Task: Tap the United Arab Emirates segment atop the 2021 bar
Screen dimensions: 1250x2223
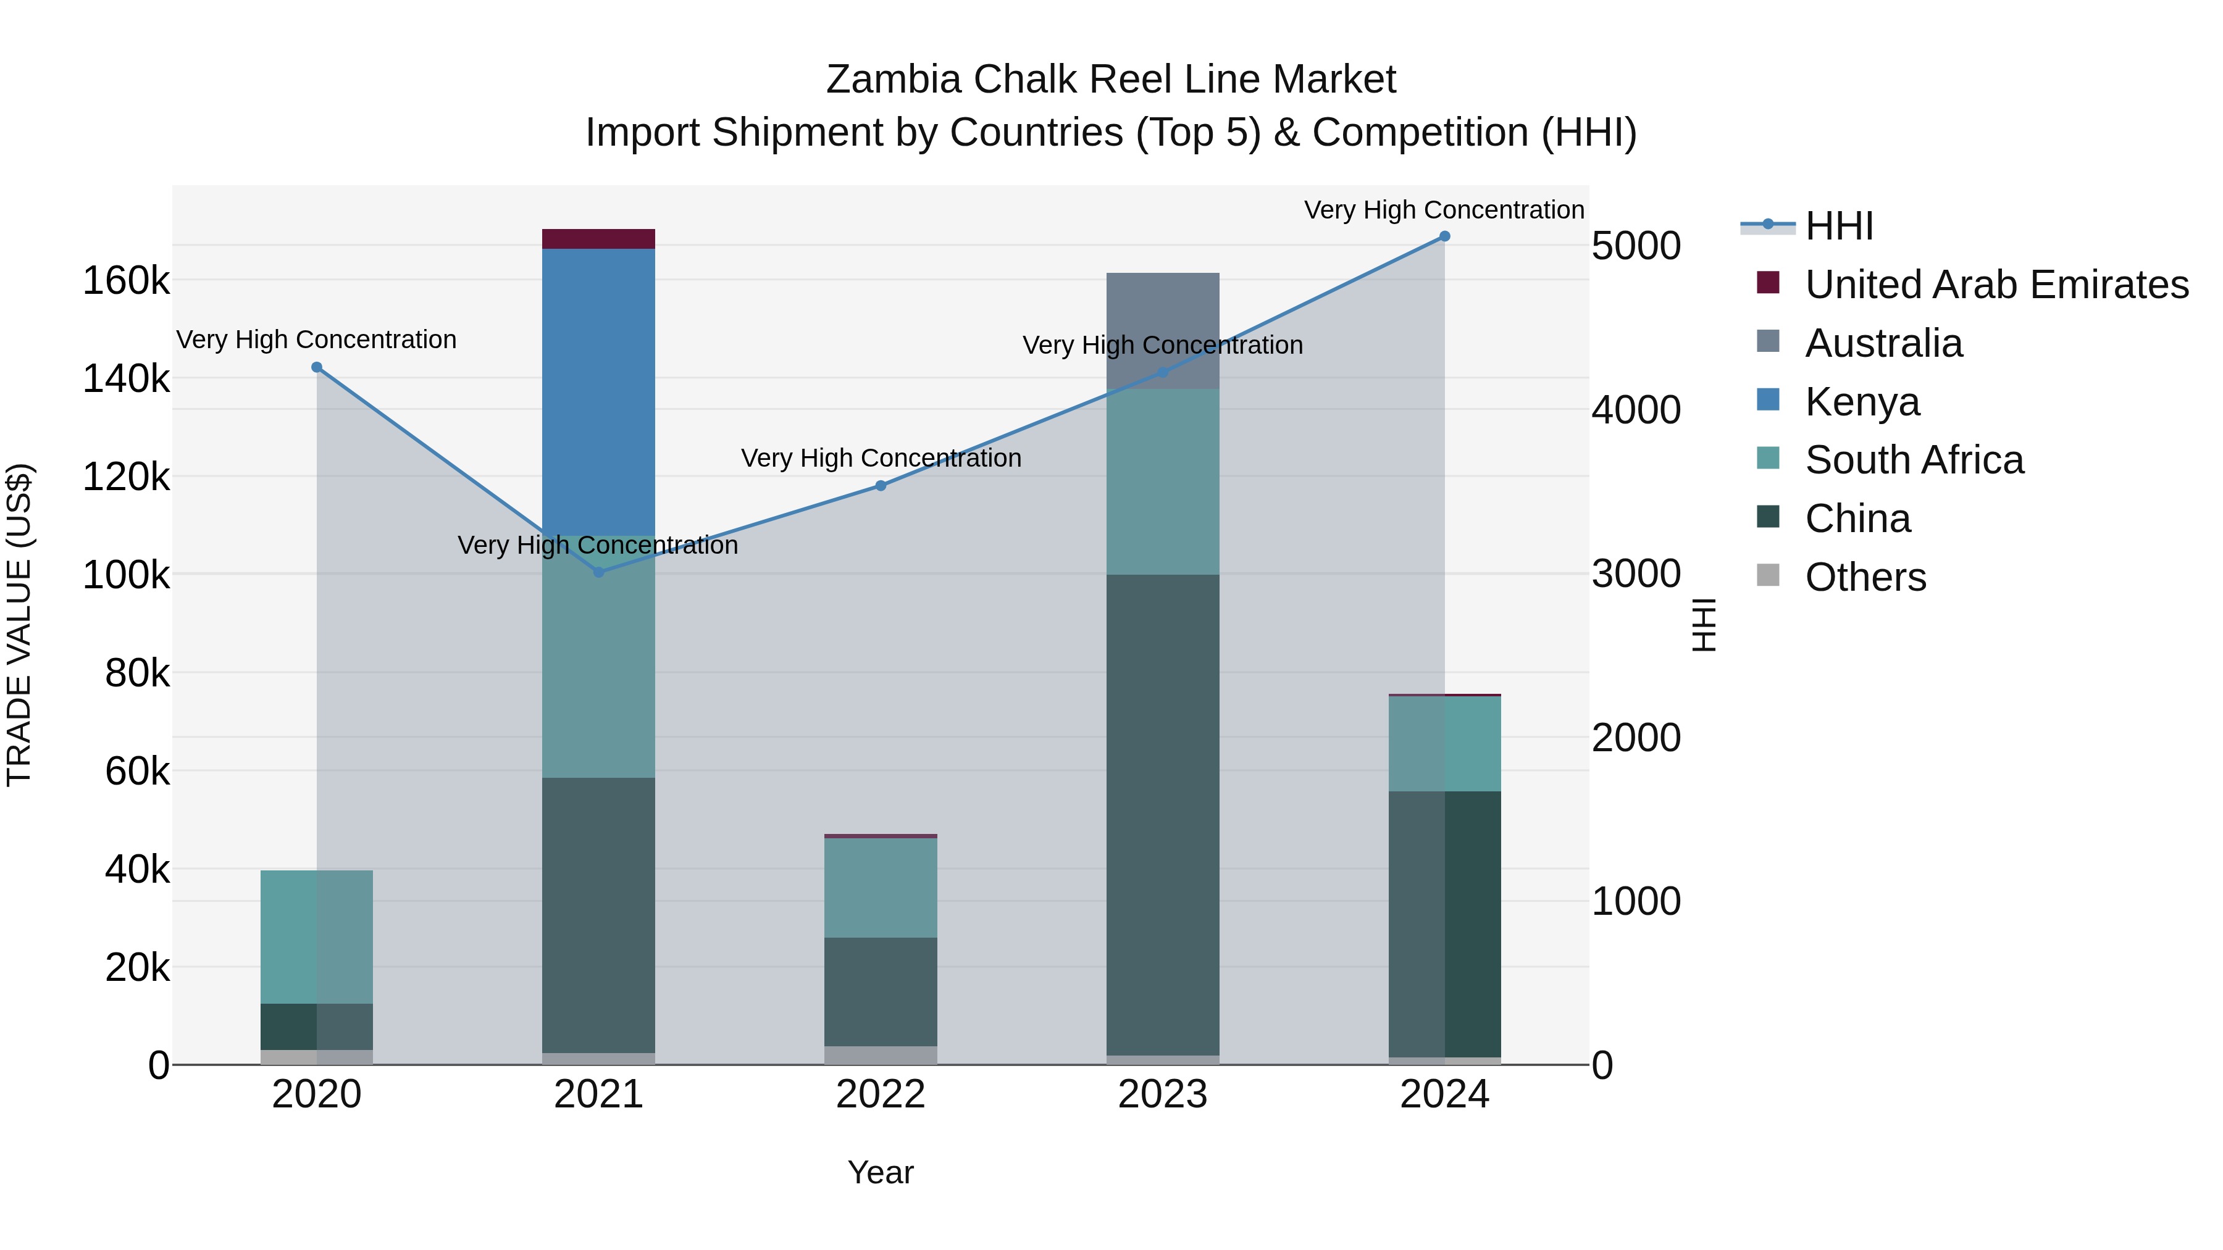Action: (x=598, y=239)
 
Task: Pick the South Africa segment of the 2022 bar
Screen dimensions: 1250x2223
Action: (x=880, y=888)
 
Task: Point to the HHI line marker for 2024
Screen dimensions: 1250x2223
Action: (x=1444, y=236)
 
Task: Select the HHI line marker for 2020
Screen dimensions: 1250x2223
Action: (x=317, y=367)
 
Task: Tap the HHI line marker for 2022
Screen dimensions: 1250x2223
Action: (x=880, y=486)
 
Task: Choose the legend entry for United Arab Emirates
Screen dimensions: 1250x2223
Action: (x=1996, y=285)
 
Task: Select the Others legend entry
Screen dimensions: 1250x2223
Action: (x=1865, y=577)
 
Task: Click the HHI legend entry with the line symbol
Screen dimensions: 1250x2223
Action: (x=1838, y=226)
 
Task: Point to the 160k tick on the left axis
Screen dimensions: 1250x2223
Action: (x=126, y=281)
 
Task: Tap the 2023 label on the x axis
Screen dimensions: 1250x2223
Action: (x=1162, y=1094)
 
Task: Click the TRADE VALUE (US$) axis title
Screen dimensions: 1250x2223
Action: (x=19, y=625)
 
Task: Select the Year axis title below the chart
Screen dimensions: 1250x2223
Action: (x=880, y=1172)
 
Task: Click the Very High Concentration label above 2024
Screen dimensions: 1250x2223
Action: (x=1444, y=210)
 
